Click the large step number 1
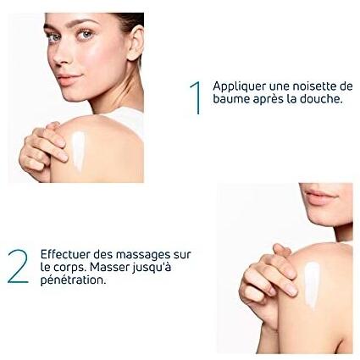tap(197, 98)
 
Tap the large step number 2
tap(18, 266)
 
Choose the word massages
tap(139, 255)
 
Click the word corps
tap(69, 268)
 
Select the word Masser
tap(110, 267)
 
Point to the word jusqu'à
tap(152, 268)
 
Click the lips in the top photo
tap(68, 79)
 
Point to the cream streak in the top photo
tap(78, 151)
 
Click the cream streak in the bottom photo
tap(313, 285)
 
